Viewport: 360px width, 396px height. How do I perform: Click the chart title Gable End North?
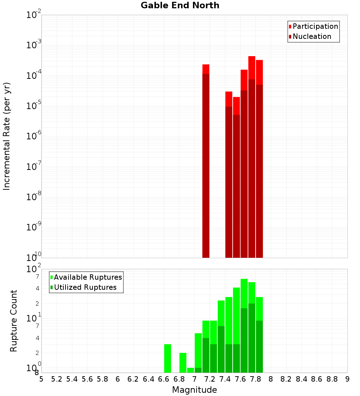[180, 5]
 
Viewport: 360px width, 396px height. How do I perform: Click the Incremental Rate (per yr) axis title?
[6, 136]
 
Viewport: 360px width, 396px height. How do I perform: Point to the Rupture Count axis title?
[14, 321]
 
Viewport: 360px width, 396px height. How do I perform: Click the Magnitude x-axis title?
[194, 390]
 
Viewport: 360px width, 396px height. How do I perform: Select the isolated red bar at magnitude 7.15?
[206, 161]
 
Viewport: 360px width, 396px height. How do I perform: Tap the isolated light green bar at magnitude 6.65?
[167, 358]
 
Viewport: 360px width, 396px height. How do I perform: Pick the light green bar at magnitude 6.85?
[183, 363]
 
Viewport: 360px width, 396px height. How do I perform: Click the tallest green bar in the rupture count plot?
[244, 325]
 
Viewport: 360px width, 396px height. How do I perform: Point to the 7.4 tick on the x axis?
[225, 379]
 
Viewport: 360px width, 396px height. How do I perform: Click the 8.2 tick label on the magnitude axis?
[286, 379]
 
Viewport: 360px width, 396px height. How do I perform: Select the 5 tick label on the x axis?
[41, 379]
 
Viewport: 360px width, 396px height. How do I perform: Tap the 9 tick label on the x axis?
[347, 379]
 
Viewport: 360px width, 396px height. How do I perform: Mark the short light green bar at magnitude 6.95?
[190, 370]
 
